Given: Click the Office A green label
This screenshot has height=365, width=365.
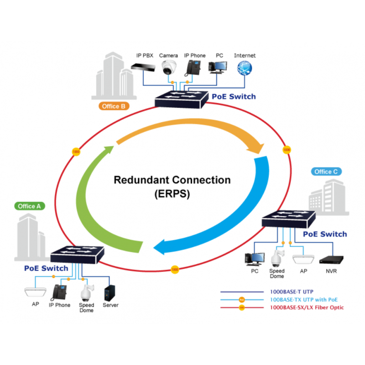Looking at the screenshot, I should tap(30, 206).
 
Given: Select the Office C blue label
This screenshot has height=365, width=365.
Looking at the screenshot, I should tap(326, 172).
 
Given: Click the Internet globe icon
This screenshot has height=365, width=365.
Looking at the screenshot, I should tap(245, 68).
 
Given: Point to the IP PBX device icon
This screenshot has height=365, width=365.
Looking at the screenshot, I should tap(144, 67).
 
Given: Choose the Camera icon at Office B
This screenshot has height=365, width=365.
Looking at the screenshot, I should tap(169, 68).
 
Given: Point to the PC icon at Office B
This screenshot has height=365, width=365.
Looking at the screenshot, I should tap(219, 68).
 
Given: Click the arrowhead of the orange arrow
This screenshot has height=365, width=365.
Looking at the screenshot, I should tap(258, 149).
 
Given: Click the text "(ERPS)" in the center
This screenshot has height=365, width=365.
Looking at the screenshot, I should tap(172, 193).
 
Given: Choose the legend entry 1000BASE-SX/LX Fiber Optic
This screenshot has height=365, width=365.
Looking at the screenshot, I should tap(307, 308).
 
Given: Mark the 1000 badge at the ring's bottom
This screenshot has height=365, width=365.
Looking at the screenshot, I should tap(174, 270).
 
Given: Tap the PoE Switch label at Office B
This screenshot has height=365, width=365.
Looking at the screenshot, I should tap(234, 97).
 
